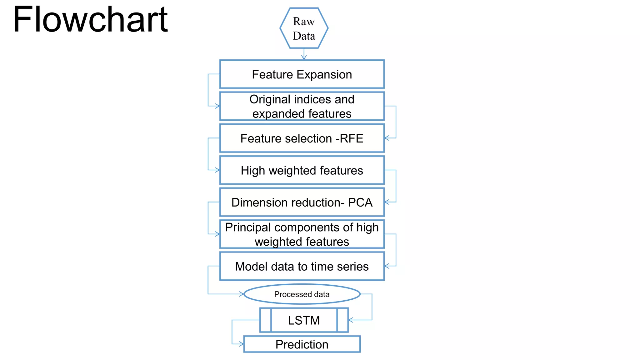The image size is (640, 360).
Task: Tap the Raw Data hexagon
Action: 304,28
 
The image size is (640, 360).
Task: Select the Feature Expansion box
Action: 302,74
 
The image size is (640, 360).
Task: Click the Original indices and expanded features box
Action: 302,106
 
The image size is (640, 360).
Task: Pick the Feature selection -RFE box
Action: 302,138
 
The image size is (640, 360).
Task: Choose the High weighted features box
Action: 302,170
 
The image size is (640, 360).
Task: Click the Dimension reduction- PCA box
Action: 302,202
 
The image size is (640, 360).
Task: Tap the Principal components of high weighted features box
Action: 302,234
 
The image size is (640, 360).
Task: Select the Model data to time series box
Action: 302,266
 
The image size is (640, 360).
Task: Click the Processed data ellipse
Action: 302,294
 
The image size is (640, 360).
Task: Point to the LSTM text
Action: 304,320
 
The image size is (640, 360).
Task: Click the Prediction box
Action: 302,344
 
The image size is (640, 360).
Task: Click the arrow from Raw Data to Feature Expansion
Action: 304,54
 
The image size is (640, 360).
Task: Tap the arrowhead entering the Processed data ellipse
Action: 241,294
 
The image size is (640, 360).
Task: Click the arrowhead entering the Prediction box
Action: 241,344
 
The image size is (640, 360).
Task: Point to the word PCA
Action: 360,202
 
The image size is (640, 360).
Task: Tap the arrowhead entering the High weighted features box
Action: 217,170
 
